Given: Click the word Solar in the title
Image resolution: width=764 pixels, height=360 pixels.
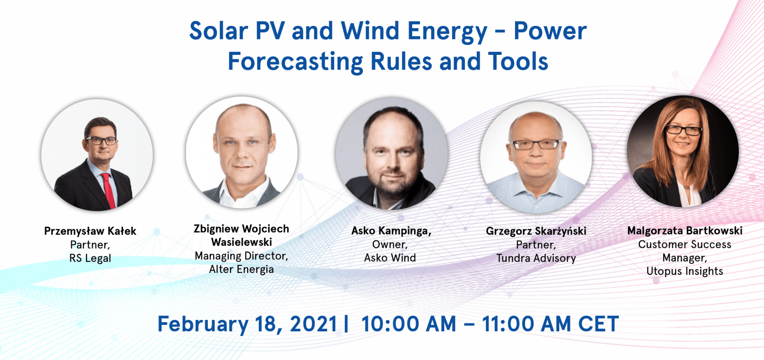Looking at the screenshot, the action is [x=218, y=31].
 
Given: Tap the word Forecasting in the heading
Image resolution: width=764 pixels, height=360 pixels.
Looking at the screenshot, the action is [x=295, y=62].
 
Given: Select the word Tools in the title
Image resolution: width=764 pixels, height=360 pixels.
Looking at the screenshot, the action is [x=518, y=62].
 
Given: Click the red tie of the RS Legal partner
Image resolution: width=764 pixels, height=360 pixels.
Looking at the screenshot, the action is [x=108, y=190].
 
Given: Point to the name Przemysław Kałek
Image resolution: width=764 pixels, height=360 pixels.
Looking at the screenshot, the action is [x=90, y=231].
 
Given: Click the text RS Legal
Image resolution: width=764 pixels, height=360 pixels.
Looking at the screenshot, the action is [x=90, y=258].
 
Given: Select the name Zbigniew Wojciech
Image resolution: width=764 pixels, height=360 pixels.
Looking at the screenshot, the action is [x=242, y=229].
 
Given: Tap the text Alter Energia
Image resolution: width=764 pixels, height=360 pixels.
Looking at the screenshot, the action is [x=242, y=269].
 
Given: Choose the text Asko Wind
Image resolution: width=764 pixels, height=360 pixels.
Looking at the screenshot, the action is [x=390, y=258].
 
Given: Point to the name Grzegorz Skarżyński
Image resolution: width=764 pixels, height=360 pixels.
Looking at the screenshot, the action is [x=536, y=231].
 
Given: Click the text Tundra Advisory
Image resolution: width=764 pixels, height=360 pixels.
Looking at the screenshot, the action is [x=536, y=258].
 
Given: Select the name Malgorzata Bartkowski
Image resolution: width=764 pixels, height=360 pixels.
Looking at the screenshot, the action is [x=685, y=231].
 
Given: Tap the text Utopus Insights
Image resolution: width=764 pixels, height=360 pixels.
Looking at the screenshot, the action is [x=685, y=271].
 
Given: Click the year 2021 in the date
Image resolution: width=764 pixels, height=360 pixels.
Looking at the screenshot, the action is [x=314, y=324].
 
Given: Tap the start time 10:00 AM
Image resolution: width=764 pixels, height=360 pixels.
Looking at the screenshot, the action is [x=409, y=324].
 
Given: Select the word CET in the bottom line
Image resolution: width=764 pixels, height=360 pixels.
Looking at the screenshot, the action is [x=598, y=324].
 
